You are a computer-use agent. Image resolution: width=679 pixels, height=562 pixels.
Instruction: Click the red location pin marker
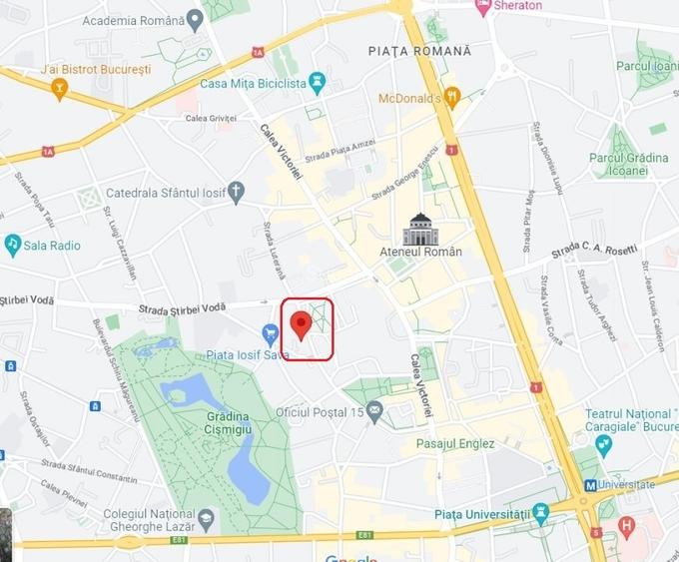point(299,324)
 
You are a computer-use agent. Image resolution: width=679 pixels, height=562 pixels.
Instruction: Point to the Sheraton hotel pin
point(483,6)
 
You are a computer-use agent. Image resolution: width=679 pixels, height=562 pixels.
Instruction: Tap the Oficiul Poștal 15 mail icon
point(374,410)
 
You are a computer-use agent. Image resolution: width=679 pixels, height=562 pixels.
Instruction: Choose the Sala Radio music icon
point(13,244)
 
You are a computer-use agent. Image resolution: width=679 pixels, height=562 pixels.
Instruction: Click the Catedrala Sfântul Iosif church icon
point(236,190)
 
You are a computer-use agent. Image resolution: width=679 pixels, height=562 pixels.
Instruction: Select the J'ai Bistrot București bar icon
point(60,91)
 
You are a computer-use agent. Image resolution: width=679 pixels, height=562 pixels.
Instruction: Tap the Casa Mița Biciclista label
point(253,83)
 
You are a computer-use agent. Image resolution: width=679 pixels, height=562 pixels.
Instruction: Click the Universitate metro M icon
point(590,485)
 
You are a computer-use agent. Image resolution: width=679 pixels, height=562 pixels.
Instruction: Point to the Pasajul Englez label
point(455,443)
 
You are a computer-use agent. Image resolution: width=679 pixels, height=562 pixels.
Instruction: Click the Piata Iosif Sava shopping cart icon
point(270,332)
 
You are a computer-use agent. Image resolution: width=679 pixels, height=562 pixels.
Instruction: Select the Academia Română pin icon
point(194,19)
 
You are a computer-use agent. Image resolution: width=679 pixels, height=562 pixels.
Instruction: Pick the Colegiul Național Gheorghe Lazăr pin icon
point(206,519)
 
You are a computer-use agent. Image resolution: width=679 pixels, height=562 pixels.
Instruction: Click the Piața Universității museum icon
point(541,514)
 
